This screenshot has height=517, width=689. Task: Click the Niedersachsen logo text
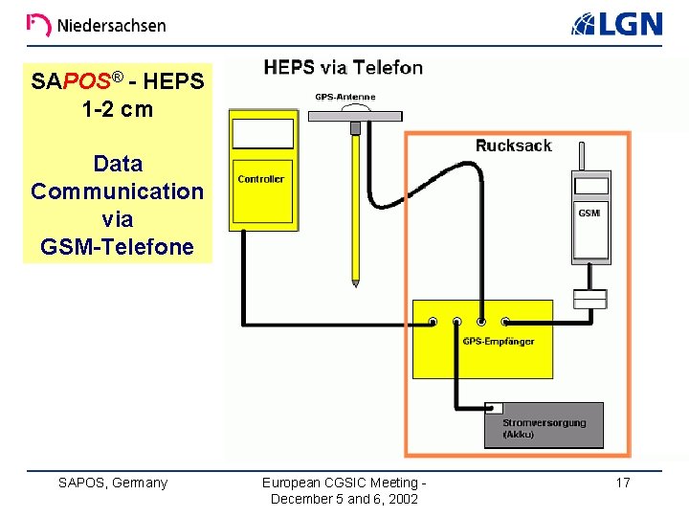pyautogui.click(x=110, y=26)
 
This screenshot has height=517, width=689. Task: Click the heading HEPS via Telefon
pyautogui.click(x=343, y=67)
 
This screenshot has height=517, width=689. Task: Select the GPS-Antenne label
pyautogui.click(x=345, y=97)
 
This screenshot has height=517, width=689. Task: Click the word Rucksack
pyautogui.click(x=513, y=146)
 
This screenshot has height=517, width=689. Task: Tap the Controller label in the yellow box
pyautogui.click(x=260, y=179)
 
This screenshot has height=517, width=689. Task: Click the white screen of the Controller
pyautogui.click(x=262, y=133)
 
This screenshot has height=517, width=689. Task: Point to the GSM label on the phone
pyautogui.click(x=589, y=213)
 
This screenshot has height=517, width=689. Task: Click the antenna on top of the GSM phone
pyautogui.click(x=589, y=159)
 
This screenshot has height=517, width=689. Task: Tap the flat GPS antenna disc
pyautogui.click(x=354, y=114)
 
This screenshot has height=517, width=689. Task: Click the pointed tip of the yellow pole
pyautogui.click(x=355, y=283)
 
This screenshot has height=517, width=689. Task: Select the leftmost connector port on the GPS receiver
pyautogui.click(x=433, y=323)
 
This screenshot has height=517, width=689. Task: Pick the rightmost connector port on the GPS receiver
pyautogui.click(x=506, y=323)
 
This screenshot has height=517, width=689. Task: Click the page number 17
pyautogui.click(x=622, y=483)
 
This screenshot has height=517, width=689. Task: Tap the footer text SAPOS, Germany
pyautogui.click(x=113, y=483)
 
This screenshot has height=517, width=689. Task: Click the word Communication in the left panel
pyautogui.click(x=117, y=191)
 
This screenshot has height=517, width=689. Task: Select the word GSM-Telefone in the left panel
pyautogui.click(x=117, y=247)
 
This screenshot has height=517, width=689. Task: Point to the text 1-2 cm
pyautogui.click(x=117, y=108)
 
